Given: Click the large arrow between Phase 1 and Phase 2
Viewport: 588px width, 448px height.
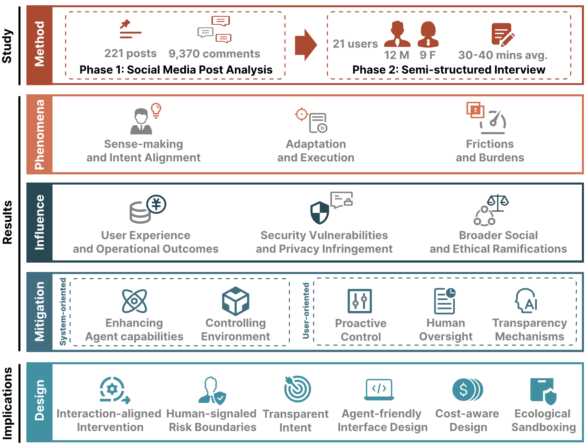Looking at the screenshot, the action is (305, 45).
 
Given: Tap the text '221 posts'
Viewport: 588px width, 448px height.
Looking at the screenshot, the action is (130, 53).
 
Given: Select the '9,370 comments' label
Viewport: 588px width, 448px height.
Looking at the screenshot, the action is (214, 54).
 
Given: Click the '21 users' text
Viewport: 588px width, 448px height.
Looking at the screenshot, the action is (355, 43).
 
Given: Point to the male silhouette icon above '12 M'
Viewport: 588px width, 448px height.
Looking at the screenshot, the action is (397, 34).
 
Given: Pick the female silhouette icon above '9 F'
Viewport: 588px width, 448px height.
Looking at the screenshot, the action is (428, 34).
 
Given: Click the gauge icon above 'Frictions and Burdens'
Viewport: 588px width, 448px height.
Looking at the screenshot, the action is (493, 122).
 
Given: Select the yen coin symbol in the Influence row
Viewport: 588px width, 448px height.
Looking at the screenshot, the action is (156, 204).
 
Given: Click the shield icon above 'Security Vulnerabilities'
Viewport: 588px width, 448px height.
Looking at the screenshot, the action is (319, 213).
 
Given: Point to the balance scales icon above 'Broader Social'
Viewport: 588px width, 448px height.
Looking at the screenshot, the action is (498, 203).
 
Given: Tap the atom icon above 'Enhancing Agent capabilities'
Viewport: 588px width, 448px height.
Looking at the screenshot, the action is (134, 301).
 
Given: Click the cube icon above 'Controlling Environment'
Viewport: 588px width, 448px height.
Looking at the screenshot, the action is (236, 301).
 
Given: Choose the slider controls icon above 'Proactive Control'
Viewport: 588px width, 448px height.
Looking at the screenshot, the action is (359, 301).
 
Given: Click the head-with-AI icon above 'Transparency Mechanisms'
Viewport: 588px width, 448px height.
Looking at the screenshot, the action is (526, 300).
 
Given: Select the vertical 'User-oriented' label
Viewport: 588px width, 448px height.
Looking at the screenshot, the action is (306, 311).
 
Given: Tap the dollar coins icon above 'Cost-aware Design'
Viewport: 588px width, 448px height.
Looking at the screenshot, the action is (467, 389).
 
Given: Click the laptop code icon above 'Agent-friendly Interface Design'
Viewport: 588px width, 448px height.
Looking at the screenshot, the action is (379, 389).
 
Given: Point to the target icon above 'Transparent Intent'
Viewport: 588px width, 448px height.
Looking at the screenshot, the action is (297, 389).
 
